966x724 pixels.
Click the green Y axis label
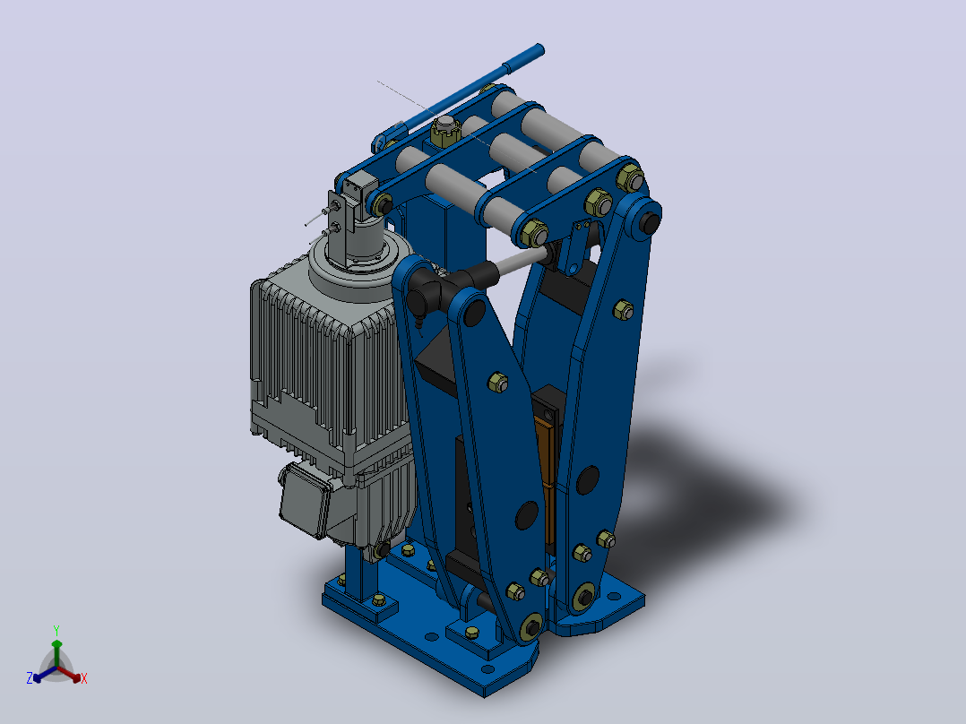pyautogui.click(x=56, y=630)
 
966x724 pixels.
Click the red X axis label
pyautogui.click(x=84, y=678)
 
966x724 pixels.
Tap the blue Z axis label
pyautogui.click(x=30, y=678)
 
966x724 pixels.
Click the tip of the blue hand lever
pyautogui.click(x=539, y=48)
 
